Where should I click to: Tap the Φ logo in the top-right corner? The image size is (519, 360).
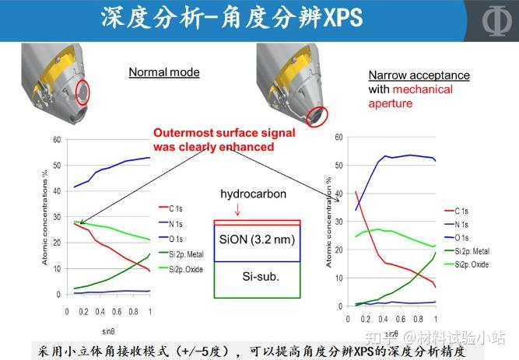pos(492,21)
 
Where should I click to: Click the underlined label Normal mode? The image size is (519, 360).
pos(164,72)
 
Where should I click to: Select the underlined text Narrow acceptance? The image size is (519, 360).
pos(419,75)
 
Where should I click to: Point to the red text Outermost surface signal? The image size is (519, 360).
pos(215,132)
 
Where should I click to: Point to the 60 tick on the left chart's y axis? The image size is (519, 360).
pos(56,140)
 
